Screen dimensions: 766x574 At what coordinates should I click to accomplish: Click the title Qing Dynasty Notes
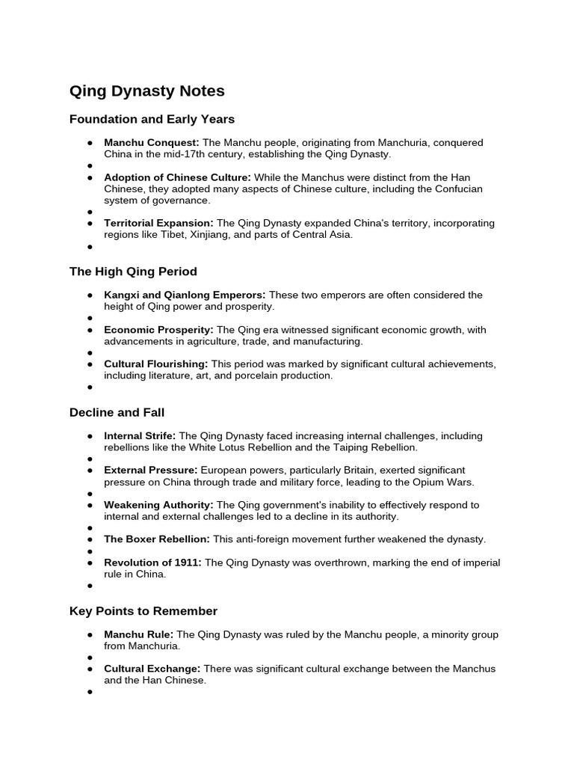[x=146, y=91]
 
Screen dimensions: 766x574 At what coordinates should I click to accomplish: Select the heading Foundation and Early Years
[x=152, y=119]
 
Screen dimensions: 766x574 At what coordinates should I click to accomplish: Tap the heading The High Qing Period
[x=133, y=271]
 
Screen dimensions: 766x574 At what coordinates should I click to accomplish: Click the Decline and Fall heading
[x=117, y=412]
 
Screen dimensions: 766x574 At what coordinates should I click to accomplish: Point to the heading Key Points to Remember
[x=143, y=611]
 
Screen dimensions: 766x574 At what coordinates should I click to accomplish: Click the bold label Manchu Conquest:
[x=152, y=142]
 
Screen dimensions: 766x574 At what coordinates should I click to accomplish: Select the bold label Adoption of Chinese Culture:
[x=178, y=177]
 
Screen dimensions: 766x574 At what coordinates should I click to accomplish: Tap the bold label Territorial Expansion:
[x=158, y=223]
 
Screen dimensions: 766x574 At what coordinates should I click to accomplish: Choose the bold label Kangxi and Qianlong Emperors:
[x=185, y=295]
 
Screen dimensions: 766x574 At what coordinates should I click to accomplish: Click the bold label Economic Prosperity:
[x=158, y=330]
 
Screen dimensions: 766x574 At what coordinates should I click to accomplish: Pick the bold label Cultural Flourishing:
[x=156, y=364]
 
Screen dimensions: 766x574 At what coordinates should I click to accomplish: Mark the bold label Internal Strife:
[x=140, y=435]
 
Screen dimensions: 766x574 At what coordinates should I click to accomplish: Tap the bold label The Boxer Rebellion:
[x=157, y=539]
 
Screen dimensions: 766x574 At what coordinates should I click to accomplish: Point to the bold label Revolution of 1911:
[x=152, y=563]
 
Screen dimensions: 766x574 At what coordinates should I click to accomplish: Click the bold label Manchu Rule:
[x=138, y=634]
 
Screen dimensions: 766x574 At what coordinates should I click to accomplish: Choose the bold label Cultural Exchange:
[x=152, y=669]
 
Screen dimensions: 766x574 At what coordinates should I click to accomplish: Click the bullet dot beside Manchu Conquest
[x=90, y=143]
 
